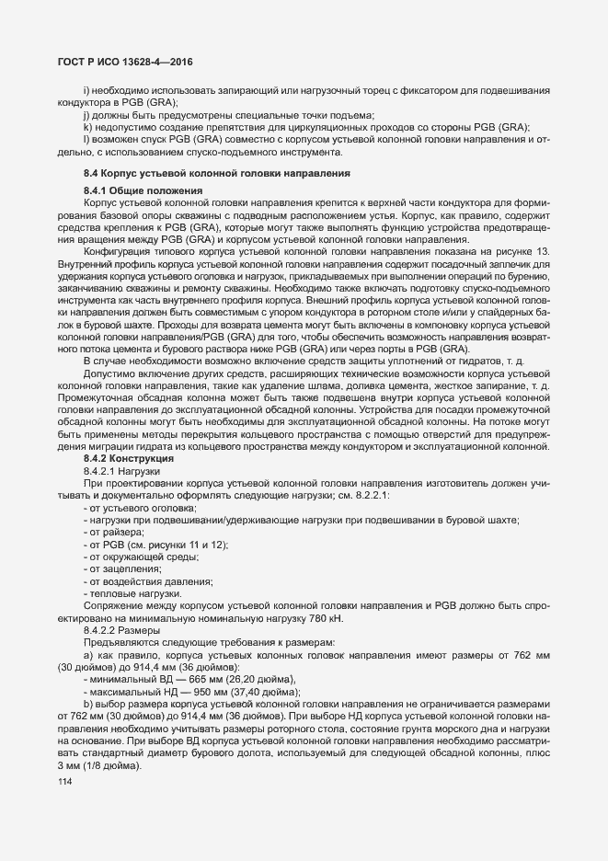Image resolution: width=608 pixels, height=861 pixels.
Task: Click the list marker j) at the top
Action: click(x=86, y=114)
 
